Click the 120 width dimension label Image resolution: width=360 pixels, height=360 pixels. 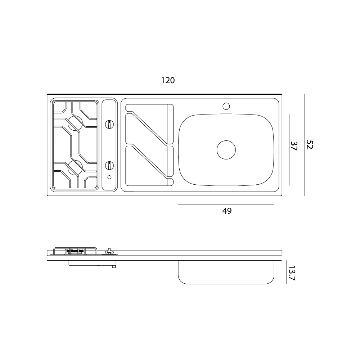[168, 80]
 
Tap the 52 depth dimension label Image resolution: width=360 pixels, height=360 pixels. [310, 144]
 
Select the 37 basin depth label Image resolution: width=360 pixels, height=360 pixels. [294, 146]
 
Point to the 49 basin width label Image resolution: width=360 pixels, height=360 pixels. [227, 211]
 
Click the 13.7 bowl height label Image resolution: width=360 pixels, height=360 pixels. [292, 273]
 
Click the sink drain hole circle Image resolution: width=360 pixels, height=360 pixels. [226, 150]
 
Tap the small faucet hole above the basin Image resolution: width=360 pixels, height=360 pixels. [226, 106]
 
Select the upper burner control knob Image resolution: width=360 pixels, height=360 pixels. [109, 125]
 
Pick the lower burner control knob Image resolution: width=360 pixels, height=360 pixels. [109, 166]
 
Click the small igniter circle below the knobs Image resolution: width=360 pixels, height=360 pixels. [109, 177]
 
